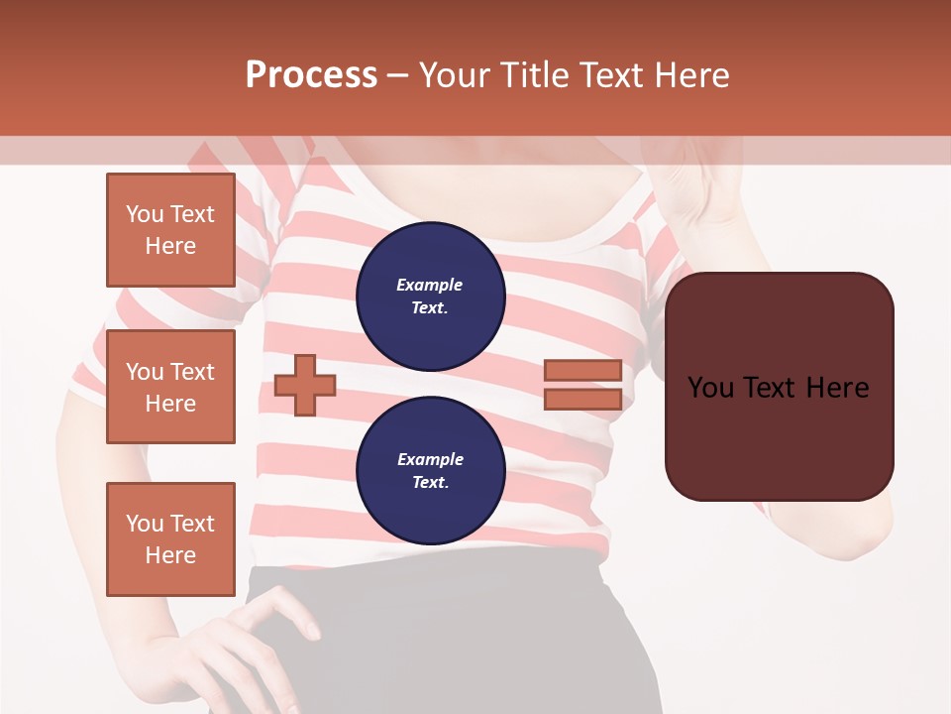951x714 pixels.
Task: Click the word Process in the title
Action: click(x=311, y=75)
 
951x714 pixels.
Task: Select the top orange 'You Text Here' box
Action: click(x=170, y=230)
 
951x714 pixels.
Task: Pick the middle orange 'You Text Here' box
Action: click(x=170, y=387)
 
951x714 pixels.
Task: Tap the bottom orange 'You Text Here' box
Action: click(x=170, y=539)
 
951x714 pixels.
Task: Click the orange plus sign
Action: click(x=305, y=386)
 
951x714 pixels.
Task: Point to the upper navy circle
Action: click(x=430, y=296)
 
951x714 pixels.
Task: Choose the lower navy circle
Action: click(x=430, y=470)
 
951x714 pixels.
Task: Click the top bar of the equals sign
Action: click(x=582, y=371)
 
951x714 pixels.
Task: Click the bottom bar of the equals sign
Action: click(x=582, y=400)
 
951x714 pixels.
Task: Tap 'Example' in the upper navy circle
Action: click(x=430, y=285)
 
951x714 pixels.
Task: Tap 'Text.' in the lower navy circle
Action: click(x=430, y=483)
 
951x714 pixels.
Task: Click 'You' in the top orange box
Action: click(x=145, y=214)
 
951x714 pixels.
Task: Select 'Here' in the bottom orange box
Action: click(x=170, y=555)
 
